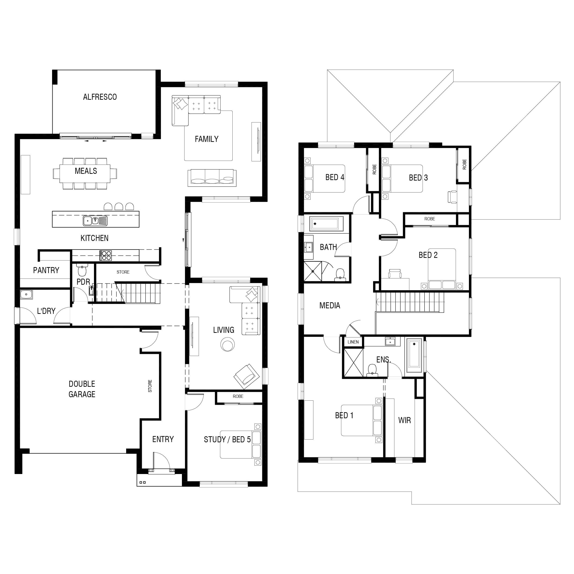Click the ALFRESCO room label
pos(100,97)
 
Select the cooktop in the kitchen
pos(106,256)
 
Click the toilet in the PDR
pos(82,270)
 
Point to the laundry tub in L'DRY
pos(26,294)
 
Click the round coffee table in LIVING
pos(228,345)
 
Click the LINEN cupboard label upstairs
pos(353,342)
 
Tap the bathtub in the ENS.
pos(414,355)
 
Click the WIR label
pos(404,420)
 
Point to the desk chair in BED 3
pos(452,197)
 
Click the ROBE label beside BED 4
pos(374,169)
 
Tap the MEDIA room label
pos(330,306)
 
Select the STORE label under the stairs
pos(123,272)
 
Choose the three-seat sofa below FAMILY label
pos(212,178)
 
